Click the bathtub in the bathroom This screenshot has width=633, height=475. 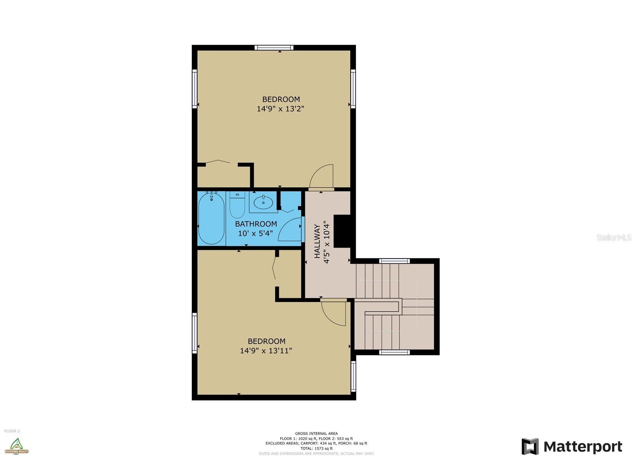(x=211, y=219)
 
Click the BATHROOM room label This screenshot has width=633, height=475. (x=256, y=224)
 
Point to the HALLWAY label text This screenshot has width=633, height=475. (x=317, y=241)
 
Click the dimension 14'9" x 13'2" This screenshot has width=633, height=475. (x=281, y=109)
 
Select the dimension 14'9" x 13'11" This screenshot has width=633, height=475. (x=266, y=351)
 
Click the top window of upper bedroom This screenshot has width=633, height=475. (x=274, y=48)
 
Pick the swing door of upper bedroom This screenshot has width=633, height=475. (x=322, y=177)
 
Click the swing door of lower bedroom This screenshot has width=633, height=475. (x=334, y=312)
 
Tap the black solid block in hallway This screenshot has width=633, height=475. (x=342, y=231)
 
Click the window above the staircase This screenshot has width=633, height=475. (x=394, y=261)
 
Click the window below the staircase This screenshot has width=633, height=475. (x=394, y=352)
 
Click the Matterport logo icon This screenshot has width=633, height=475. (x=530, y=447)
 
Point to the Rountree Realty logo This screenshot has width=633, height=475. (x=16, y=446)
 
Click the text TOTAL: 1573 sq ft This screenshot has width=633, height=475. (x=316, y=448)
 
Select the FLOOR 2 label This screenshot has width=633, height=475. (x=12, y=431)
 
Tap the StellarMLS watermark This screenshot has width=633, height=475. (x=613, y=237)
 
